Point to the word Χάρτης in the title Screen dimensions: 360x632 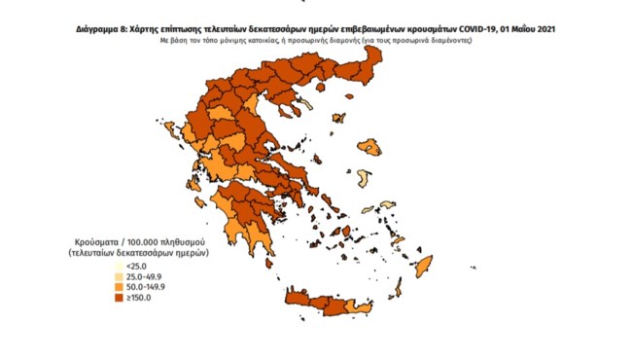coord(147,29)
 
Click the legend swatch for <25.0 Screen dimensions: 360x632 coord(119,265)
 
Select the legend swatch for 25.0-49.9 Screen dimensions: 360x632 coord(119,275)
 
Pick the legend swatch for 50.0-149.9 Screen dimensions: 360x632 coord(119,286)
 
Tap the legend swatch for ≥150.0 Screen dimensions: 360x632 coord(119,298)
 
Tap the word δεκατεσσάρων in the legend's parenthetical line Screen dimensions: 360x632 coord(147,251)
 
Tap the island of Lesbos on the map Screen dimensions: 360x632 coord(370,148)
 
